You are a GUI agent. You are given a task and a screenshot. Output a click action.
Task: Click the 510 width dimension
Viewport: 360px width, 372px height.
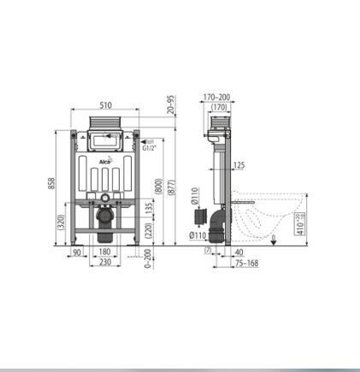(x=106, y=105)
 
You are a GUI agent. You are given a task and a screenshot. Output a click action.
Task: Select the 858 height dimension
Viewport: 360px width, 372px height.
(x=51, y=183)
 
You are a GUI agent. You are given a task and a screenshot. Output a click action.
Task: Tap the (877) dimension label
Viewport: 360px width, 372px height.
(x=172, y=187)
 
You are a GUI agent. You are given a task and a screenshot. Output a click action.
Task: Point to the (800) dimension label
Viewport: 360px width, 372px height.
(x=159, y=186)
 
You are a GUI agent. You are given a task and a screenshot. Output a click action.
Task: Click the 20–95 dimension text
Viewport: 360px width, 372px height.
(x=170, y=104)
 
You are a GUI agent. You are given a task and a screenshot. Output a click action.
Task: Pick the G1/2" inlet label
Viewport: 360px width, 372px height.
(x=150, y=148)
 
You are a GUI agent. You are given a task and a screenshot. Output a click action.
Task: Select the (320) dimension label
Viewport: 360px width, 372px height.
(x=62, y=221)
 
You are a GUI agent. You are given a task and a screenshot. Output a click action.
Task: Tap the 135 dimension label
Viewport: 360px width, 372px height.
(x=150, y=209)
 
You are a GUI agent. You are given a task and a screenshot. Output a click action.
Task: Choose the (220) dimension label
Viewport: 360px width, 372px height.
(x=150, y=231)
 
